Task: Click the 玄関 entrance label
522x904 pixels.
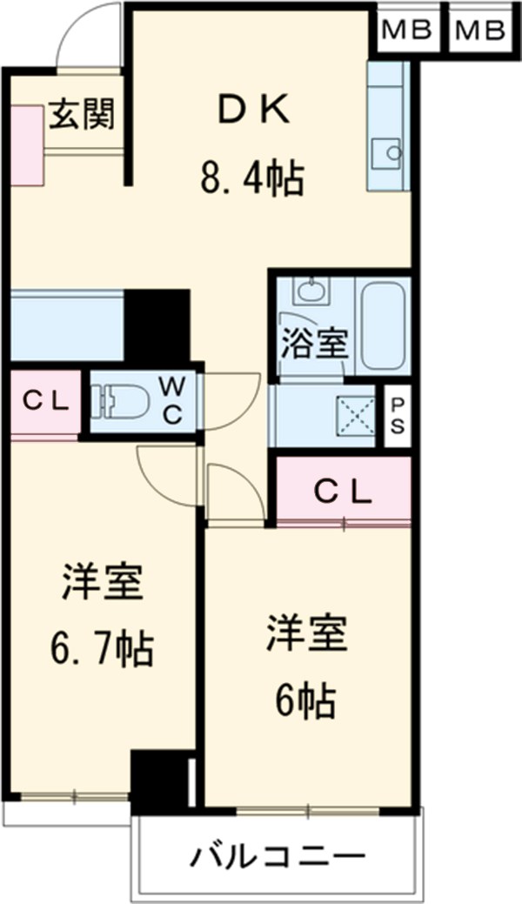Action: click(x=81, y=113)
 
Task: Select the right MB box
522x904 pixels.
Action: click(x=479, y=31)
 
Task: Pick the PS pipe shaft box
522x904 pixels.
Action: click(x=397, y=416)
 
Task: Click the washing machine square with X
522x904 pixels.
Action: click(x=356, y=416)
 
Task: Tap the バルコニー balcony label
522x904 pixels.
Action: click(x=278, y=857)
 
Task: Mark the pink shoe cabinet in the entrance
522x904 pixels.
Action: click(x=26, y=144)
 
